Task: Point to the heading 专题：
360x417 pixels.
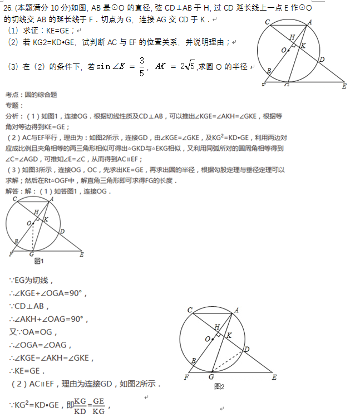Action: [x=13, y=105]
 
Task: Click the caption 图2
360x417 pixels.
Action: [x=219, y=386]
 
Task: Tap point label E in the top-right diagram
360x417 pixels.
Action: [x=344, y=86]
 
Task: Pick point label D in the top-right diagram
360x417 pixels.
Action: [x=322, y=58]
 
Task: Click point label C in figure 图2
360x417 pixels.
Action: [x=190, y=310]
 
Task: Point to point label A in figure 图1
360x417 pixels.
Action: [x=52, y=199]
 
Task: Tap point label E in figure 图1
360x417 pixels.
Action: [x=82, y=254]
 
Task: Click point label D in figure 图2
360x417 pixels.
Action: [x=246, y=349]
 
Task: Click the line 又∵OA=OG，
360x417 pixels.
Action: [x=33, y=332]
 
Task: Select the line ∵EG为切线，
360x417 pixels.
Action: [x=31, y=280]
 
